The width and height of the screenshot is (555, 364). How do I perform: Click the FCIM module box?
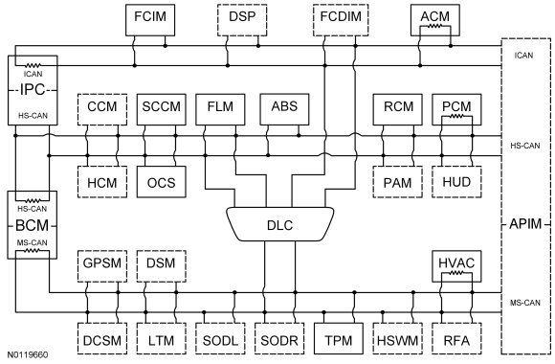[x=150, y=20]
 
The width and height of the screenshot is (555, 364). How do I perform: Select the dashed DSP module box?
[x=242, y=20]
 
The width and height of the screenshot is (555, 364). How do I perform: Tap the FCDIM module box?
[x=341, y=20]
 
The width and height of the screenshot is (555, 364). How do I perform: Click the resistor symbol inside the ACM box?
[x=435, y=26]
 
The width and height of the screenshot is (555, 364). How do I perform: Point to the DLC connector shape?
[x=280, y=224]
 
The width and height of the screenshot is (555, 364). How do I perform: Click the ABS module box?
[x=284, y=109]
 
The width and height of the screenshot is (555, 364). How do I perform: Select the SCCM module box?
[x=162, y=109]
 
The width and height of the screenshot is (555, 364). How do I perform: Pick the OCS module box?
[x=162, y=182]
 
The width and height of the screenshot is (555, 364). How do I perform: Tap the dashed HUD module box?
[x=456, y=182]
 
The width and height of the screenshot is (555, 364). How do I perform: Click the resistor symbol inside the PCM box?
[x=456, y=116]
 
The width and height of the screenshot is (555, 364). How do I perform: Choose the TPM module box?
[x=339, y=338]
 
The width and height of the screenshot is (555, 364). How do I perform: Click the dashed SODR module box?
[x=279, y=338]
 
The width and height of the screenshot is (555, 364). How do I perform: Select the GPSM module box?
[x=102, y=266]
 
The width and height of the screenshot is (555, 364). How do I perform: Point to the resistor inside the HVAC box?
[x=456, y=273]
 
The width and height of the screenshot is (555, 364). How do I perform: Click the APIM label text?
[x=525, y=224]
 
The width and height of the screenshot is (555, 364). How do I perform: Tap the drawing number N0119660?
[x=28, y=354]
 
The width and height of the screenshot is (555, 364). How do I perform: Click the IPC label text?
[x=33, y=90]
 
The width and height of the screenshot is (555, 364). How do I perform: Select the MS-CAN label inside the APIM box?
[x=525, y=303]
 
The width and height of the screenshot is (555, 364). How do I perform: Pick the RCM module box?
[x=398, y=109]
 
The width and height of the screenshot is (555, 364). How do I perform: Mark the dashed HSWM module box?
[x=397, y=338]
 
